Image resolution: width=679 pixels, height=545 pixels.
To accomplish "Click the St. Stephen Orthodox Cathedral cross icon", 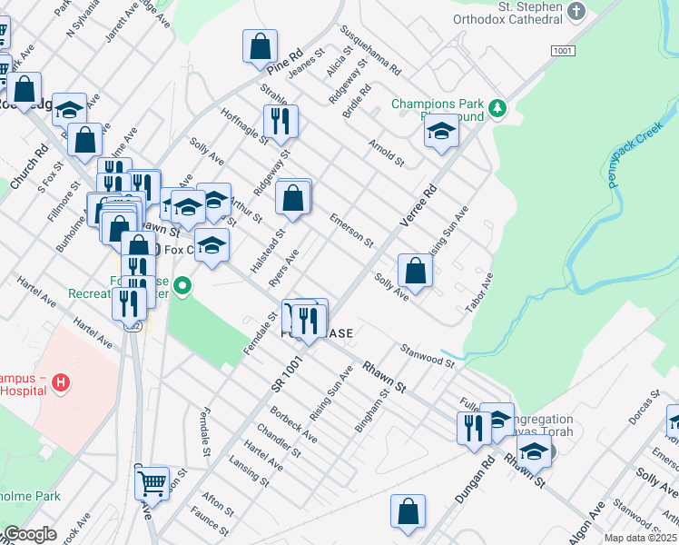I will (575, 12).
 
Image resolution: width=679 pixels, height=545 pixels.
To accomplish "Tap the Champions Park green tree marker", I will (497, 109).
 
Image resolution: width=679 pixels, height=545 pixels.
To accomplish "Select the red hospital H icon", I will (61, 382).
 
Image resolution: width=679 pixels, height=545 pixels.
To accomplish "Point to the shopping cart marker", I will (152, 482).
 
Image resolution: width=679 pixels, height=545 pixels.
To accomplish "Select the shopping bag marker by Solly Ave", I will (415, 270).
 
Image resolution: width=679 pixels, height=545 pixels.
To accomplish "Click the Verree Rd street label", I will (418, 205).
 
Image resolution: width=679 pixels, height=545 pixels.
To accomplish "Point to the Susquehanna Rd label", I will (370, 49).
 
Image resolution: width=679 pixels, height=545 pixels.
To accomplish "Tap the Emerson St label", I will (351, 231).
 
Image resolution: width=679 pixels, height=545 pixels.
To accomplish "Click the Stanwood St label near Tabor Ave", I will (427, 355).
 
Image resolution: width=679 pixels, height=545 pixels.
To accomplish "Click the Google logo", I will (29, 534).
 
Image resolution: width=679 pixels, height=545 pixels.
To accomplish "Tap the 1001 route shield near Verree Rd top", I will (563, 52).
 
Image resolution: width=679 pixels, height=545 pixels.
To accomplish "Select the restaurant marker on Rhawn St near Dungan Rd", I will (473, 427).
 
